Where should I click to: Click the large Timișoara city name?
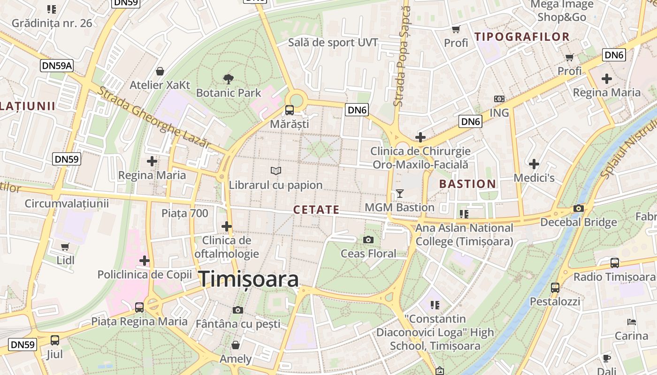pos(249,279)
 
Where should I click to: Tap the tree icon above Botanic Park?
pos(229,79)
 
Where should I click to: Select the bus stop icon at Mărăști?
pos(290,110)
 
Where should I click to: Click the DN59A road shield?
pos(57,66)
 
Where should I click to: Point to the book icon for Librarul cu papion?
pos(276,172)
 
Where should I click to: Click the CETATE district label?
pos(316,210)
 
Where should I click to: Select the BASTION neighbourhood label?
pos(467,184)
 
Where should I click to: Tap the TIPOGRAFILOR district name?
pos(522,37)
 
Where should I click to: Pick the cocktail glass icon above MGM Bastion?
pos(400,194)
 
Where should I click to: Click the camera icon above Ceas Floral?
pos(368,240)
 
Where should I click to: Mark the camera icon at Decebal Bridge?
pos(579,209)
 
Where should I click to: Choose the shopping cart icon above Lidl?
pos(65,247)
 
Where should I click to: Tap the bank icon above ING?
pos(499,99)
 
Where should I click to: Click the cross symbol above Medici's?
pos(534,164)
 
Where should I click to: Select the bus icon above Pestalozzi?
pos(555,287)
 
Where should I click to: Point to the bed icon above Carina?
pos(632,322)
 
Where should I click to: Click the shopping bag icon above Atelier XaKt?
pos(160,71)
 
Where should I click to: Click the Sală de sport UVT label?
pos(333,42)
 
